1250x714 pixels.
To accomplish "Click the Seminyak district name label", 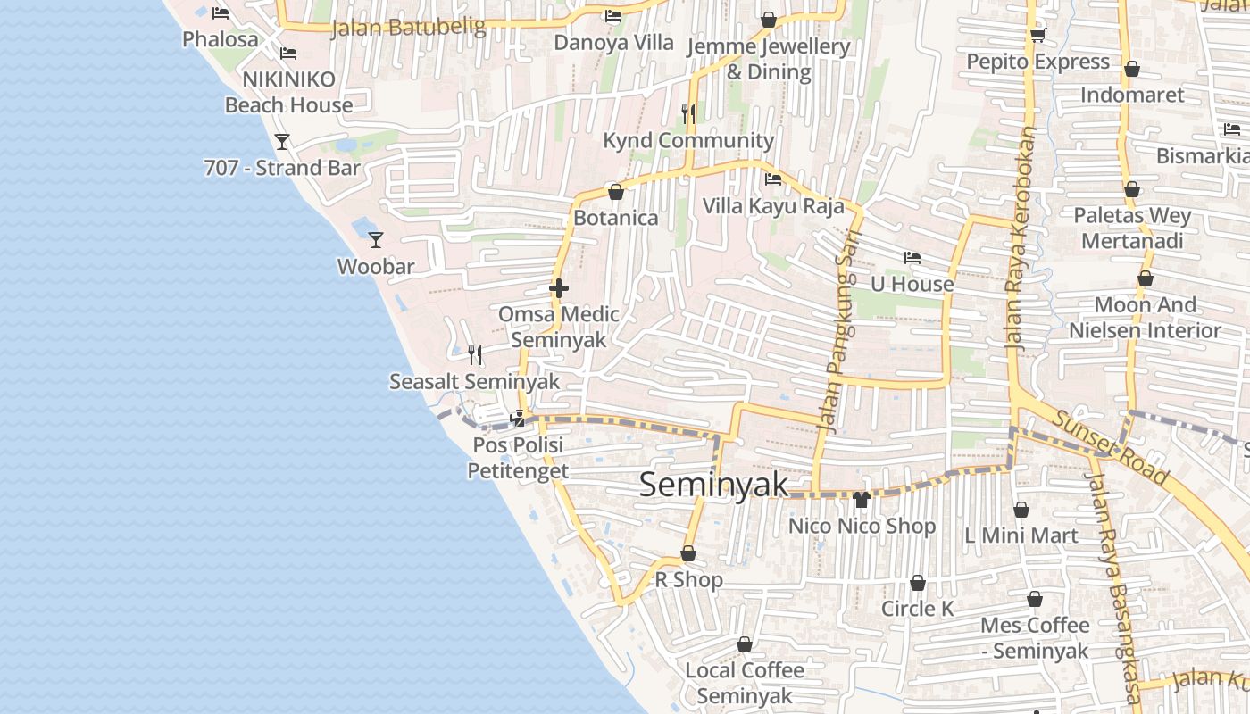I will pyautogui.click(x=714, y=485).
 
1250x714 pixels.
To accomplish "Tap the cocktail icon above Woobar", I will pyautogui.click(x=376, y=239).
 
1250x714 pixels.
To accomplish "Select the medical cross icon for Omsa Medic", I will pyautogui.click(x=559, y=288).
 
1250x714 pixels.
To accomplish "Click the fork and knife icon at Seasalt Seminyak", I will pyautogui.click(x=475, y=355).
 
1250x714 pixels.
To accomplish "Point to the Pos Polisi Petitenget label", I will pyautogui.click(x=518, y=457).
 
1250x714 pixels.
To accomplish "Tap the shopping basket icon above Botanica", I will pyautogui.click(x=615, y=192).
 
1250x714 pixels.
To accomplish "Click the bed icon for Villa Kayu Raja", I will pyautogui.click(x=773, y=179).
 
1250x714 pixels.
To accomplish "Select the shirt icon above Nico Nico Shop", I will pyautogui.click(x=862, y=499).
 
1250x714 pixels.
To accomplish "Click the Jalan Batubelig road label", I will pyautogui.click(x=408, y=28).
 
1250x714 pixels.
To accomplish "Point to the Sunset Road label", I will pyautogui.click(x=1110, y=447).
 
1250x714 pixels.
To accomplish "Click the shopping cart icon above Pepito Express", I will pyautogui.click(x=1037, y=36).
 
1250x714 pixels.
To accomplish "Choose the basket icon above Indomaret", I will pyautogui.click(x=1132, y=69).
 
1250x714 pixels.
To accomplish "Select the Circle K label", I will pyautogui.click(x=917, y=609).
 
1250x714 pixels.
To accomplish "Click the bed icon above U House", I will pyautogui.click(x=912, y=258).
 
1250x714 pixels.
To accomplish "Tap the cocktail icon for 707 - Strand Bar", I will pyautogui.click(x=282, y=141).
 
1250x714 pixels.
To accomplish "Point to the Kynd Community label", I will pyautogui.click(x=688, y=140).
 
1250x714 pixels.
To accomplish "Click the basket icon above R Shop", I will pyautogui.click(x=688, y=553).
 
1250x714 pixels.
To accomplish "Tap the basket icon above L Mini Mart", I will pyautogui.click(x=1021, y=510).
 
